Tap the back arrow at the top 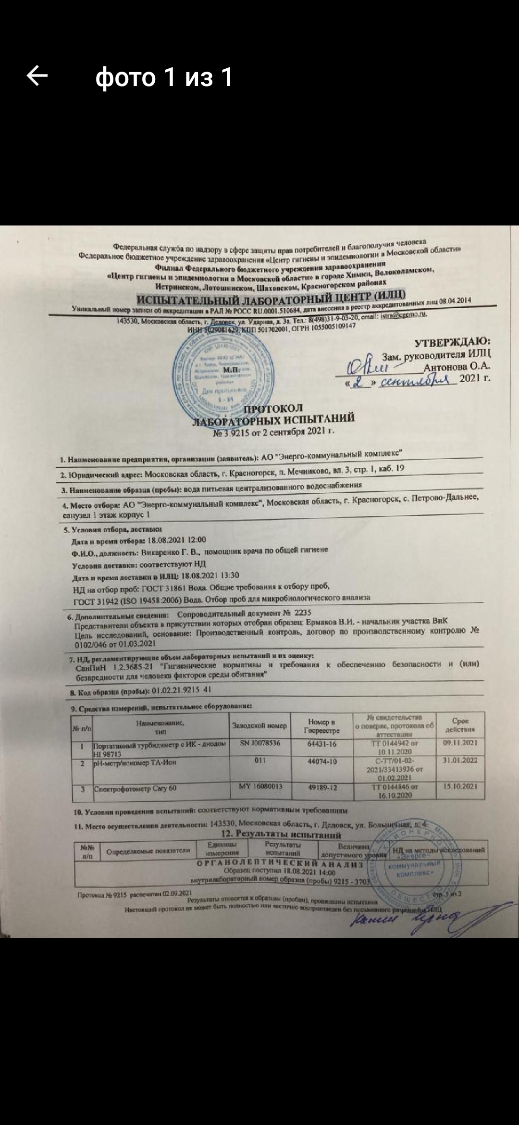[x=37, y=76]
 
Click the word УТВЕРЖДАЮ [x=452, y=342]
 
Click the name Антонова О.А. [x=457, y=366]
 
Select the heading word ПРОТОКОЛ [x=273, y=409]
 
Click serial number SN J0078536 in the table [x=259, y=743]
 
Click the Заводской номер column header [x=259, y=725]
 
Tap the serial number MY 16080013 [x=260, y=787]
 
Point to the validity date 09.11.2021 [x=460, y=743]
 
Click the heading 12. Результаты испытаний [x=281, y=834]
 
